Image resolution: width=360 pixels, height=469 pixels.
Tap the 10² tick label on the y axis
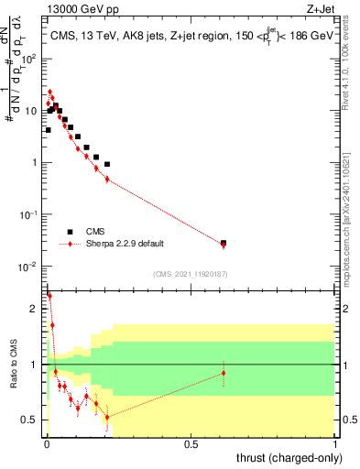click(x=29, y=58)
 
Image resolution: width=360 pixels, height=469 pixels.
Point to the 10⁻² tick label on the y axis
click(x=29, y=267)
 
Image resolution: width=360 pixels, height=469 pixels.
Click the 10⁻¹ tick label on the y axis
click(x=29, y=214)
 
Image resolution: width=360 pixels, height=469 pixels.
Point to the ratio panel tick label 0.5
click(x=31, y=420)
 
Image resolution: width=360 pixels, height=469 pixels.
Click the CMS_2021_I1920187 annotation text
click(x=190, y=274)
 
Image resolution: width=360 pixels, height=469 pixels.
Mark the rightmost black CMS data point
click(x=224, y=243)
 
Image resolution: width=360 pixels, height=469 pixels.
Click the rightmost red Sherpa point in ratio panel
click(x=224, y=373)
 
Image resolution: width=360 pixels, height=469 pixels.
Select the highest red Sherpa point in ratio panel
click(x=49, y=296)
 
